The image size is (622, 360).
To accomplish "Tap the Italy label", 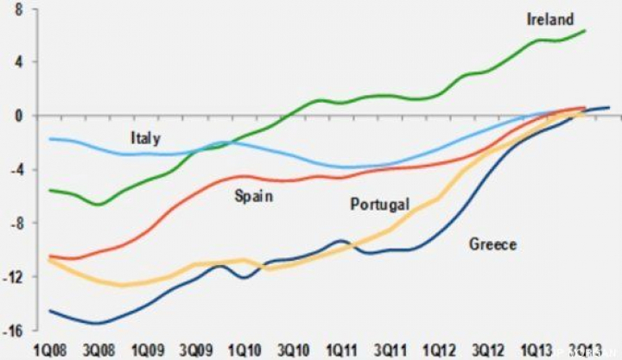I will [x=145, y=138].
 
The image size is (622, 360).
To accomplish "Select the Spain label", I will [x=254, y=196].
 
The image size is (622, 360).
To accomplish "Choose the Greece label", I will [x=492, y=244].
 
